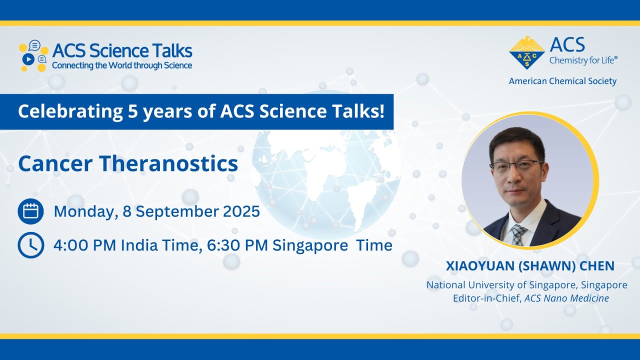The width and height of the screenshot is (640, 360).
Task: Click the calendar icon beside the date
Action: pos(30,211)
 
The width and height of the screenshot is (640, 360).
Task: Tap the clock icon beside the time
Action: pos(30,245)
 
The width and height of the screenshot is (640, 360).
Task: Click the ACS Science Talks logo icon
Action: pos(33,55)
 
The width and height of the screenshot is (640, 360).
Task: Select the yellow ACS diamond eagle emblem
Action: pos(526,52)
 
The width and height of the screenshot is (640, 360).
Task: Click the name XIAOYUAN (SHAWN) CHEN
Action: pos(530,266)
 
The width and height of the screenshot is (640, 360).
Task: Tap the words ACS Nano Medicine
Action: pos(566,298)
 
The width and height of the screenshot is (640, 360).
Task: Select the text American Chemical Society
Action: pos(562,81)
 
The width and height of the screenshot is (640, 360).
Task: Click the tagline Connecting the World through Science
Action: pos(122,65)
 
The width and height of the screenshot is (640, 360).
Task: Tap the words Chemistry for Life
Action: pos(583,60)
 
